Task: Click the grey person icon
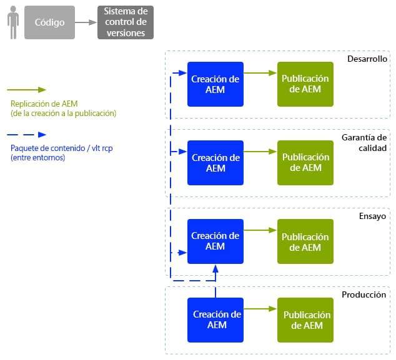click(13, 22)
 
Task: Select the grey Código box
click(49, 22)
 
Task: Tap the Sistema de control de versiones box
click(126, 22)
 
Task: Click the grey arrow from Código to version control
click(86, 22)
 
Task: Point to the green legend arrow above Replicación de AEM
click(26, 90)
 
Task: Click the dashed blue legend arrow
click(26, 135)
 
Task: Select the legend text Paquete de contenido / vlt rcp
click(62, 148)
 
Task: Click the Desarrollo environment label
click(367, 59)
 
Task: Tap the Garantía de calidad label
click(364, 142)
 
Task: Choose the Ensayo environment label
click(372, 216)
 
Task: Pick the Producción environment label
click(364, 294)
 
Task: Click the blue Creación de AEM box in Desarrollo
click(215, 84)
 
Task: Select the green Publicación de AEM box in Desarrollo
click(305, 84)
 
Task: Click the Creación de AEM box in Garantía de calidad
click(215, 163)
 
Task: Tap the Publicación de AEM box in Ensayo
click(305, 241)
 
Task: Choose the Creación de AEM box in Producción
click(215, 320)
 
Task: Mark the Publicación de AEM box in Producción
click(305, 320)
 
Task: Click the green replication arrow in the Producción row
click(260, 309)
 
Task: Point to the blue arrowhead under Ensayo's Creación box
click(215, 269)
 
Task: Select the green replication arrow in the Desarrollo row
click(260, 73)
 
